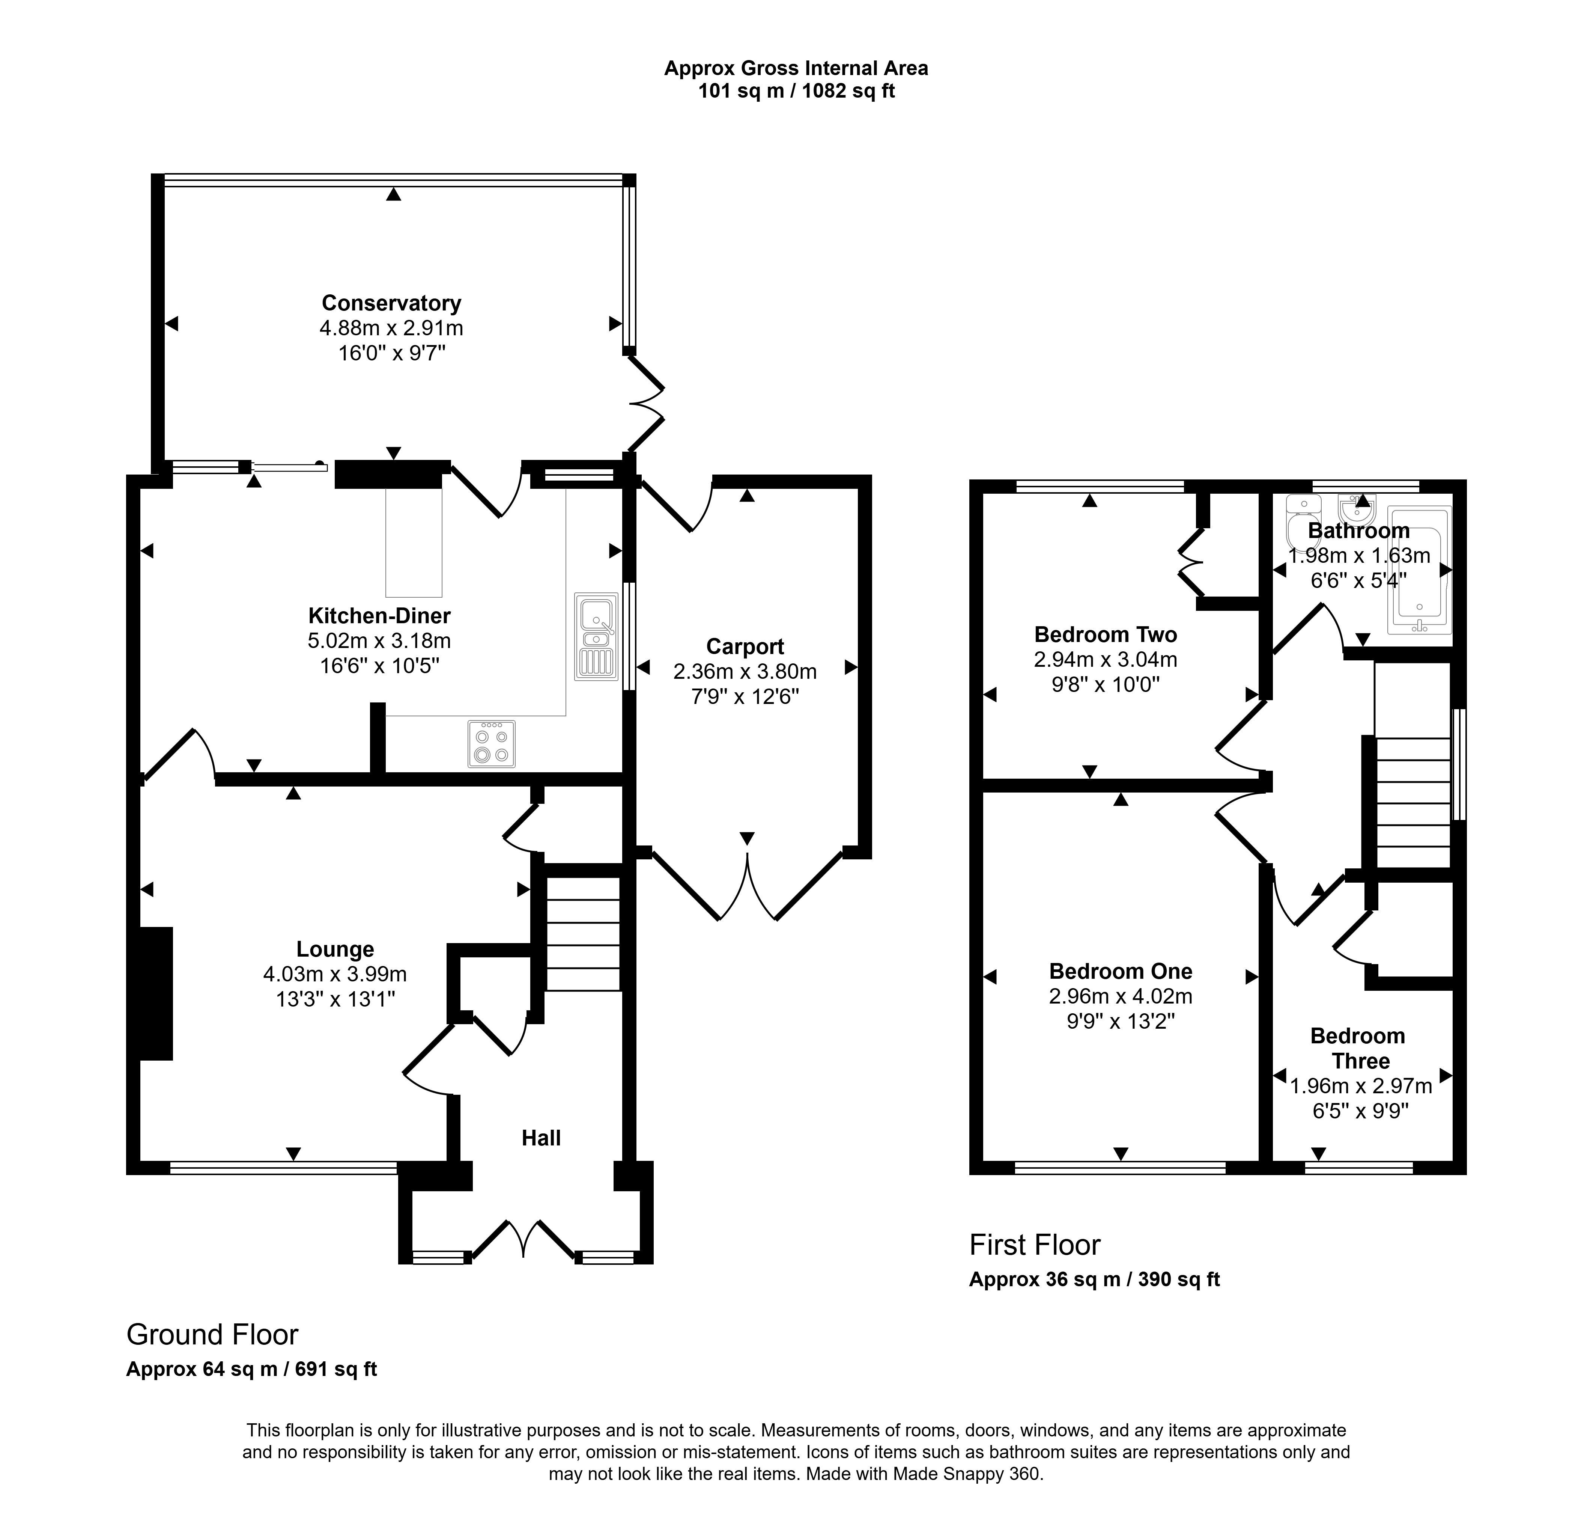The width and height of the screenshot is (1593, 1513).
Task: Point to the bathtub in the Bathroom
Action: pos(1419,570)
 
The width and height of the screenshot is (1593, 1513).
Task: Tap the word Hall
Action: pos(541,1138)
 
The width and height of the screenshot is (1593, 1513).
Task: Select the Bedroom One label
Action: pos(1121,971)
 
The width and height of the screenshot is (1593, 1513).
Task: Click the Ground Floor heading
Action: pos(212,1335)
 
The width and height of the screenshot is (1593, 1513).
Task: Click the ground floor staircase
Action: pos(583,933)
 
